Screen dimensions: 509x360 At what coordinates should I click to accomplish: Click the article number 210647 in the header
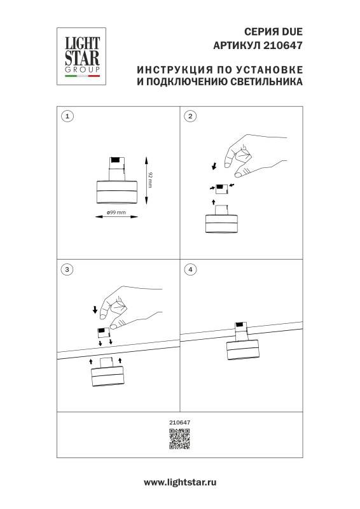point(284,45)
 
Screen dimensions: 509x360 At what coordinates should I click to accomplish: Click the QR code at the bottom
point(180,440)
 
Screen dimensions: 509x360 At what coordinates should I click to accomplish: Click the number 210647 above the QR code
point(180,422)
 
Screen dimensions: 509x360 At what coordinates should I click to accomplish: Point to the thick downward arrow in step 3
point(95,310)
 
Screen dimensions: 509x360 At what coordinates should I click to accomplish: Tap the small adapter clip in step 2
point(220,187)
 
